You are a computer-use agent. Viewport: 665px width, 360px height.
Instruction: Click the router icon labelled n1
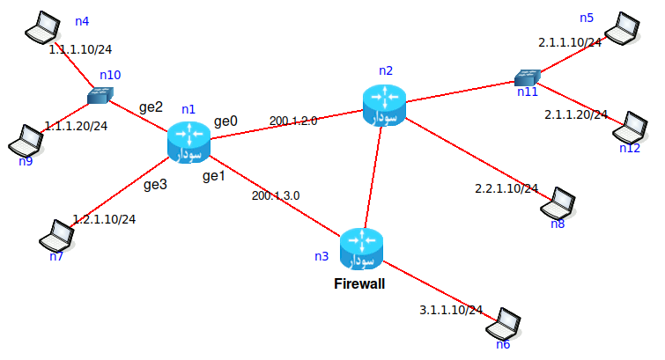click(188, 143)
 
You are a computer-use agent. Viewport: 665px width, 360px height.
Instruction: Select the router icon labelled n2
click(384, 105)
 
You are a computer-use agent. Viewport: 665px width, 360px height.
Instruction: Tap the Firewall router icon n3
click(361, 249)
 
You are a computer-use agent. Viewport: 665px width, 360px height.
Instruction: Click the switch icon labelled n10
click(101, 94)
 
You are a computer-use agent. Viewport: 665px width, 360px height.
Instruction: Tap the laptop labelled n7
click(56, 236)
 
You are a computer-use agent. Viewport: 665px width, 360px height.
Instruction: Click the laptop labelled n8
click(560, 205)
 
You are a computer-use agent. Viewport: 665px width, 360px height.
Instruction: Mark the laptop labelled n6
click(507, 323)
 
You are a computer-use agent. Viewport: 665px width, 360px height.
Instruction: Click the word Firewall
click(359, 284)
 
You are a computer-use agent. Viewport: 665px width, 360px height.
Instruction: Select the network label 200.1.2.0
click(293, 121)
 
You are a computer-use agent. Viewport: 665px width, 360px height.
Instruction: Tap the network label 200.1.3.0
click(276, 196)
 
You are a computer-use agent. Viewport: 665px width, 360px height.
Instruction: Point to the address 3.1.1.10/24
click(451, 310)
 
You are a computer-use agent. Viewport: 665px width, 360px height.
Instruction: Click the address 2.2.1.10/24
click(506, 188)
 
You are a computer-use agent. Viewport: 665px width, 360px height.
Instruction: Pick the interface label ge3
click(155, 185)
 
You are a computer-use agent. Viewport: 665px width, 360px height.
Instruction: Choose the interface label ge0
click(226, 120)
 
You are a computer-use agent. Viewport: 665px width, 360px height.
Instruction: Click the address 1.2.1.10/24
click(104, 218)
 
